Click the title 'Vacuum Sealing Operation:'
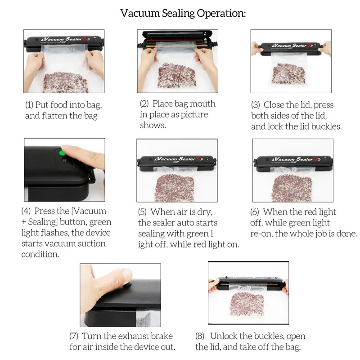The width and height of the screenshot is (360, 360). (183, 13)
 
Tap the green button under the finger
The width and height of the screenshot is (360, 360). (62, 153)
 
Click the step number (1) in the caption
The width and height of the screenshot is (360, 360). (29, 105)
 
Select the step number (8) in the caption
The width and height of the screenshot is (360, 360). (200, 336)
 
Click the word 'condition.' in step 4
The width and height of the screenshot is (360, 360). (40, 254)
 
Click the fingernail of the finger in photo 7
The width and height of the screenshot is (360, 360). (126, 274)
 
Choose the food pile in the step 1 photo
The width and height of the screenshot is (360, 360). (65, 82)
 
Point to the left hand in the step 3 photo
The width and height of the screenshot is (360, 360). (256, 48)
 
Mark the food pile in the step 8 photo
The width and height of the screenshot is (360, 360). (246, 304)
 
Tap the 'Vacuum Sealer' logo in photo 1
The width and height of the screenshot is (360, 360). (65, 39)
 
